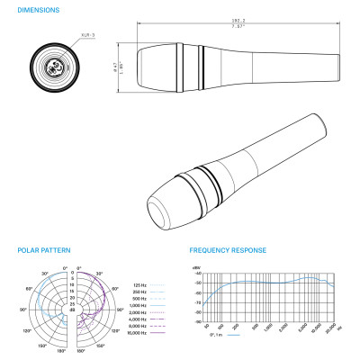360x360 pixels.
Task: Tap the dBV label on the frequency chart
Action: point(196,268)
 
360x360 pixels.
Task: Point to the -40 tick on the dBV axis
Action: point(197,274)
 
